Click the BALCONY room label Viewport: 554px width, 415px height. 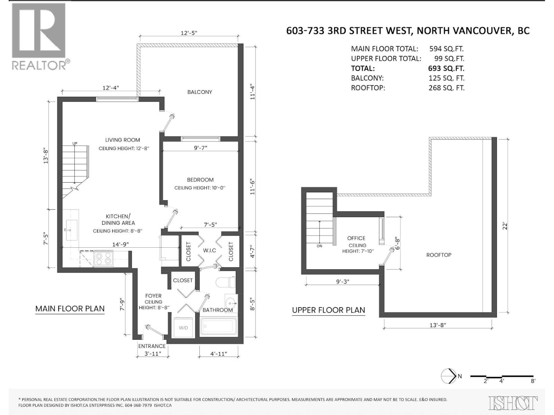(199, 92)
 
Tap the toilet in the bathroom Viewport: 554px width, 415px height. (225, 282)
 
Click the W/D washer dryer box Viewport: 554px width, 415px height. (184, 327)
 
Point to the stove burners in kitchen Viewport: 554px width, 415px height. (104, 259)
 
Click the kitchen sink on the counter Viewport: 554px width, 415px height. (72, 230)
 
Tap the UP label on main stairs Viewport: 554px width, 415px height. (75, 144)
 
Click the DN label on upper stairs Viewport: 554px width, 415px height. (320, 246)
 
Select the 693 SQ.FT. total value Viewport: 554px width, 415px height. (446, 68)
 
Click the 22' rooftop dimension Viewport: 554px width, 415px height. (505, 226)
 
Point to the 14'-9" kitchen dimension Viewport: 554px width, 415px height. (120, 244)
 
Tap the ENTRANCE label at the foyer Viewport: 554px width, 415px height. (152, 346)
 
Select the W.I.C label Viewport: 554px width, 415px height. (209, 250)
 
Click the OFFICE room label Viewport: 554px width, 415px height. (356, 238)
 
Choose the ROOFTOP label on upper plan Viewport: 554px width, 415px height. (438, 255)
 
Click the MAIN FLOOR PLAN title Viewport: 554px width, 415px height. (70, 308)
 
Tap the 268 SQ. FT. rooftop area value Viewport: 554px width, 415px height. (446, 88)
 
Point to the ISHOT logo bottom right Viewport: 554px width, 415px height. (513, 403)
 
